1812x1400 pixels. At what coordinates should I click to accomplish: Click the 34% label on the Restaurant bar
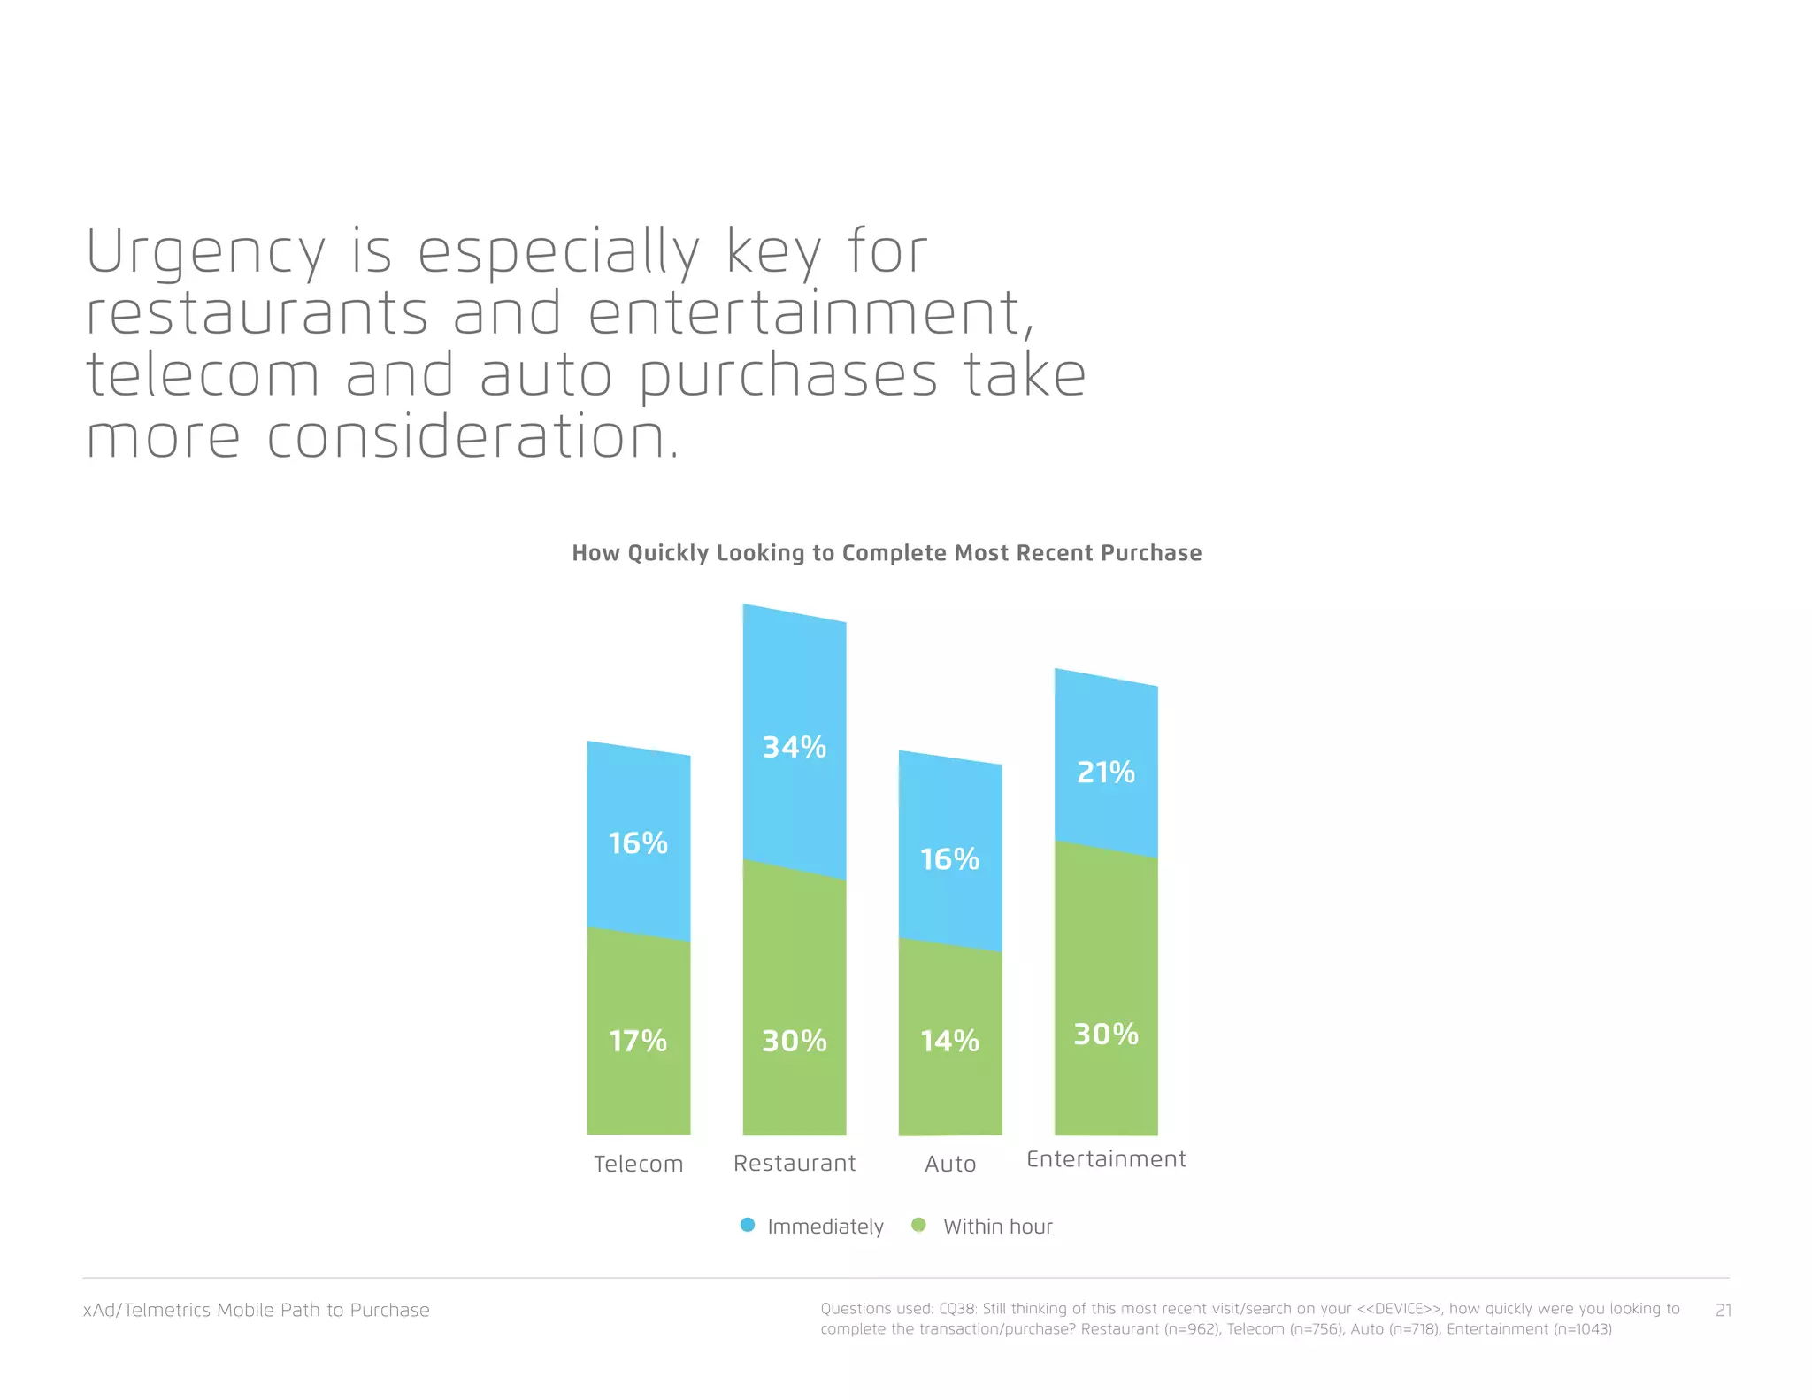click(x=794, y=748)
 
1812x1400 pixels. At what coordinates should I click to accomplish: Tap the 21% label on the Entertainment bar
click(x=1105, y=773)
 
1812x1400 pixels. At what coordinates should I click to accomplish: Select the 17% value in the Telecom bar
click(x=638, y=1041)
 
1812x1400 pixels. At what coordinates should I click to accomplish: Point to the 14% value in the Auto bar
click(x=949, y=1041)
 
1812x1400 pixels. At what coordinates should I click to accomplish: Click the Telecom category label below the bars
click(x=638, y=1164)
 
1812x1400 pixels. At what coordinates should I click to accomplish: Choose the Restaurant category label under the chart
click(x=794, y=1163)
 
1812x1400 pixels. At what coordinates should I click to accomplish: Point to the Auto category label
click(x=949, y=1164)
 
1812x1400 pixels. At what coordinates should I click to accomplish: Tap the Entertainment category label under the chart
click(x=1105, y=1159)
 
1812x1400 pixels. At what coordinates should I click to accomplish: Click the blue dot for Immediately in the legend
click(x=748, y=1226)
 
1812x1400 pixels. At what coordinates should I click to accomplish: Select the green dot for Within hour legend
click(x=918, y=1226)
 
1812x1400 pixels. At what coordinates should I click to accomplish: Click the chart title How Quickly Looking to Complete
click(x=886, y=553)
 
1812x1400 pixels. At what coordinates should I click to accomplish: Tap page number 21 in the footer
click(x=1723, y=1310)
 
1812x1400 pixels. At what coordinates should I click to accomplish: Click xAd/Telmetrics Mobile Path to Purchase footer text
click(x=256, y=1310)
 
